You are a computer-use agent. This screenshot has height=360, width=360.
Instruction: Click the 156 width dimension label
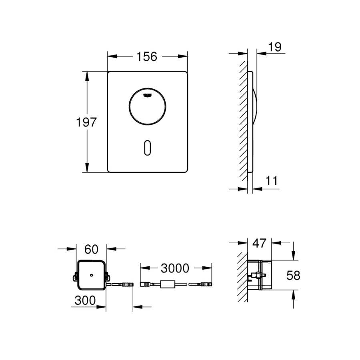[x=147, y=56]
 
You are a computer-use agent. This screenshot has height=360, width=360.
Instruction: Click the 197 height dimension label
[x=86, y=122]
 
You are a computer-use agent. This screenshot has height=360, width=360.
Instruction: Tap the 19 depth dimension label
[x=274, y=47]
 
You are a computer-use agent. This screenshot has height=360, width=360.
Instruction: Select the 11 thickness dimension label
[x=272, y=181]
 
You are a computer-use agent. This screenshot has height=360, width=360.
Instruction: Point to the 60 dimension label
[x=91, y=249]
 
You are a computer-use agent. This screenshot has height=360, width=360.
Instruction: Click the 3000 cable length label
[x=175, y=268]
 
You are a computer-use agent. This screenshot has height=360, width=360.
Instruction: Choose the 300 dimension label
[x=85, y=300]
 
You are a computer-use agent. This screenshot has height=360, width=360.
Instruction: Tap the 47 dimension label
[x=259, y=243]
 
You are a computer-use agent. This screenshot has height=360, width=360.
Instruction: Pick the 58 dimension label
[x=293, y=275]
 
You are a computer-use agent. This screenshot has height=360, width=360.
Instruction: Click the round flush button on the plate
[x=147, y=106]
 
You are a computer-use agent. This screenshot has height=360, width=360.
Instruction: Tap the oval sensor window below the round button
[x=148, y=148]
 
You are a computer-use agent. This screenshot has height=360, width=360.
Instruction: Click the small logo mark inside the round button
[x=147, y=95]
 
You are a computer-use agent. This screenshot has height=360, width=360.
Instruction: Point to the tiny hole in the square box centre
[x=91, y=275]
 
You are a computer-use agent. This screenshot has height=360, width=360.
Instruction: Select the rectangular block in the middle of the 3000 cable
[x=168, y=284]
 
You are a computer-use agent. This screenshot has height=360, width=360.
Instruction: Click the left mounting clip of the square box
[x=75, y=276]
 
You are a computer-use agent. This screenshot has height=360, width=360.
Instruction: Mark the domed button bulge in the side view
[x=255, y=106]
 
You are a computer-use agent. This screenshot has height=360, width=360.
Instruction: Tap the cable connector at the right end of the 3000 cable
[x=206, y=284]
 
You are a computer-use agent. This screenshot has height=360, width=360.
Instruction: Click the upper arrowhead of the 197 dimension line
[x=87, y=76]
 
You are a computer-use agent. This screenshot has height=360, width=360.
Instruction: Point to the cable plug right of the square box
[x=127, y=284]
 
